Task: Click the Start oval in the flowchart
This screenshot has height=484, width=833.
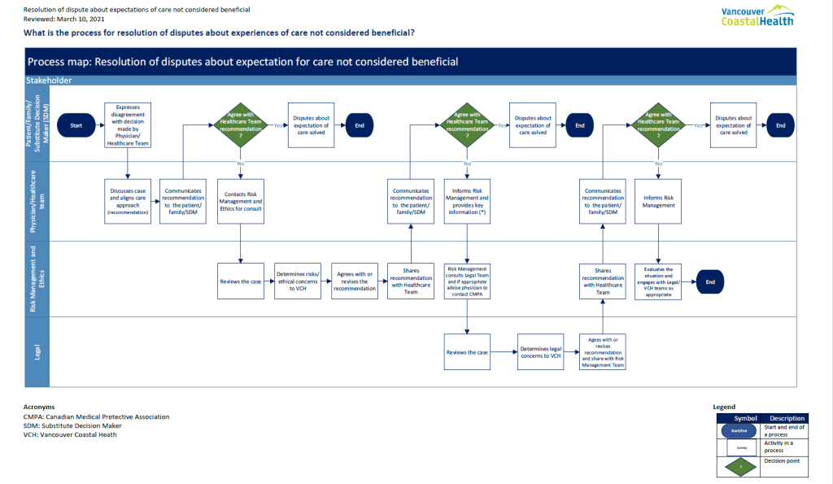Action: (x=76, y=125)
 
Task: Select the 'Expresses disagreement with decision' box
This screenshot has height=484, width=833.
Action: (x=128, y=125)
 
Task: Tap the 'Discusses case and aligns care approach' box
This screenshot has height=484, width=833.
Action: (x=128, y=200)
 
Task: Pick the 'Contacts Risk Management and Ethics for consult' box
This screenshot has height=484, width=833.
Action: (x=240, y=200)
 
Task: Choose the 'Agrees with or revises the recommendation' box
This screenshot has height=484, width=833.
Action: (x=354, y=281)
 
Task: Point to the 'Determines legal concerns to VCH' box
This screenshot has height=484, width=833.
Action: (x=541, y=352)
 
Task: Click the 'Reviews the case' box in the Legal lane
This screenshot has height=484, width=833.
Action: (x=467, y=352)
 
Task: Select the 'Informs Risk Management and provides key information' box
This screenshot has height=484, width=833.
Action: (x=467, y=200)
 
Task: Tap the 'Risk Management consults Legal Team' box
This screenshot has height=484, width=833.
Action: (x=467, y=281)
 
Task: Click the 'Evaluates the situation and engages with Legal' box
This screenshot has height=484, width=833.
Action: (x=658, y=281)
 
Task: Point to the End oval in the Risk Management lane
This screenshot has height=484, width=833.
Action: (x=710, y=281)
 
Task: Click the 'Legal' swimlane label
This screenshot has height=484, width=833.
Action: (x=37, y=351)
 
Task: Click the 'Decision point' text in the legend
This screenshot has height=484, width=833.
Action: (x=781, y=461)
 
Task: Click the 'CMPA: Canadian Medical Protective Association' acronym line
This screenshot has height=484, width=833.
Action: (x=96, y=416)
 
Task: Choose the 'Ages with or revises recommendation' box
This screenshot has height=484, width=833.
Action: (x=602, y=352)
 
